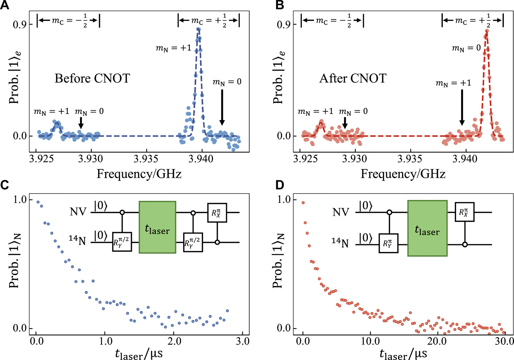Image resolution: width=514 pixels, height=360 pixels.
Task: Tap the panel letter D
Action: tap(280, 185)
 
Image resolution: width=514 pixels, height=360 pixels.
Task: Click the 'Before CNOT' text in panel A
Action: tap(92, 78)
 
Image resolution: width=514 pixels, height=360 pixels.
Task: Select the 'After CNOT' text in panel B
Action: tap(353, 78)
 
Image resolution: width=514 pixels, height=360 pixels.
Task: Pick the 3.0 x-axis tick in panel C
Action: tap(242, 341)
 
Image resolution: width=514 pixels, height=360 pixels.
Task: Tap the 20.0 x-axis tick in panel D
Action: tap(437, 341)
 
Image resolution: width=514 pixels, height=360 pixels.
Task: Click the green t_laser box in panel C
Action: tap(158, 227)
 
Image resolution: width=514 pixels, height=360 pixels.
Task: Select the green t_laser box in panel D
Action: tap(427, 228)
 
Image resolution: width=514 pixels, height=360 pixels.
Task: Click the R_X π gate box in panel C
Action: tap(217, 212)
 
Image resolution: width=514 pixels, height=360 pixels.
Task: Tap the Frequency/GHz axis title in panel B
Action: tap(403, 174)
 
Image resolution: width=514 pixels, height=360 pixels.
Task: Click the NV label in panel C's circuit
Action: tap(78, 212)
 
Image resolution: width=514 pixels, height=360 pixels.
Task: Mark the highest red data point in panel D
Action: tap(303, 203)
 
